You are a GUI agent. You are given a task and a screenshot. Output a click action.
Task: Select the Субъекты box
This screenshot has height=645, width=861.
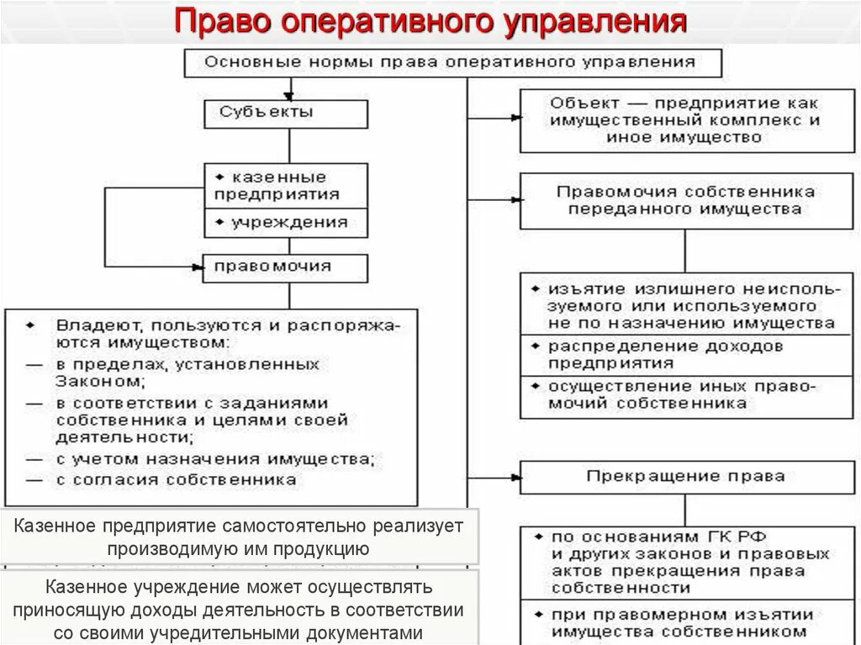point(285,112)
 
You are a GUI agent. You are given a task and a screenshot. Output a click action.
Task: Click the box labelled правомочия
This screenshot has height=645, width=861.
point(285,267)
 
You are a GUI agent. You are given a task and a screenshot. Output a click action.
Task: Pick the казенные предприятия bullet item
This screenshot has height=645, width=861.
point(285,186)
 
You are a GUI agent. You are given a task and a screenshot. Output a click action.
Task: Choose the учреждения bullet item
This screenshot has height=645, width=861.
point(285,223)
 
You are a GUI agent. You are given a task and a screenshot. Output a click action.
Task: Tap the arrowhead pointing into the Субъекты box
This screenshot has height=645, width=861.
point(290,94)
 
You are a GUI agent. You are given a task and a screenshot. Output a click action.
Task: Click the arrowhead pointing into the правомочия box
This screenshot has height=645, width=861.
point(198,267)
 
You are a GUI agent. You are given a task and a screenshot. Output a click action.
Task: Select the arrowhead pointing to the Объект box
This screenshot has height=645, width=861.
point(514,119)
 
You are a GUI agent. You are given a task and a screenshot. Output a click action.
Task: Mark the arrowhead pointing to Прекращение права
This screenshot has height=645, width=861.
point(514,476)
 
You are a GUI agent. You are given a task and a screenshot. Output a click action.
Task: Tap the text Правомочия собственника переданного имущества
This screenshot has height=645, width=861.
point(685,200)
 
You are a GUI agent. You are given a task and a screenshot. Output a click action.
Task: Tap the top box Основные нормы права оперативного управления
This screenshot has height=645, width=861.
point(452,61)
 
